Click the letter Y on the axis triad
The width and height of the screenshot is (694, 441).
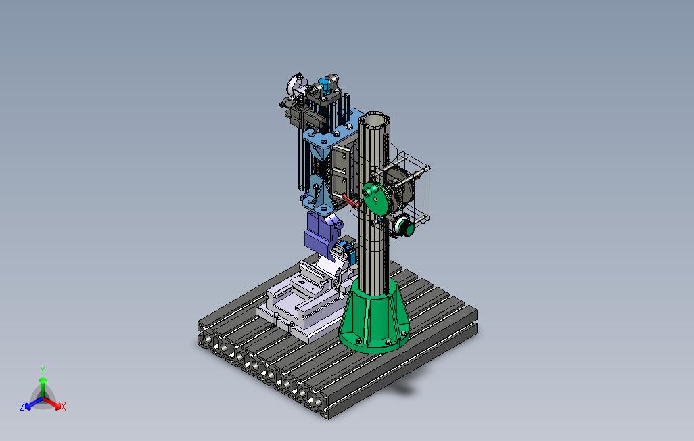coord(43,370)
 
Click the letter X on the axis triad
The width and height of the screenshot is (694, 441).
coord(64,407)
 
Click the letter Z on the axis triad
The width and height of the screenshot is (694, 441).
coord(22,406)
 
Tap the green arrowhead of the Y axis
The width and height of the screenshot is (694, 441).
coord(43,380)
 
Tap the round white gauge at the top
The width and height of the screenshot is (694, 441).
coord(294,84)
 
